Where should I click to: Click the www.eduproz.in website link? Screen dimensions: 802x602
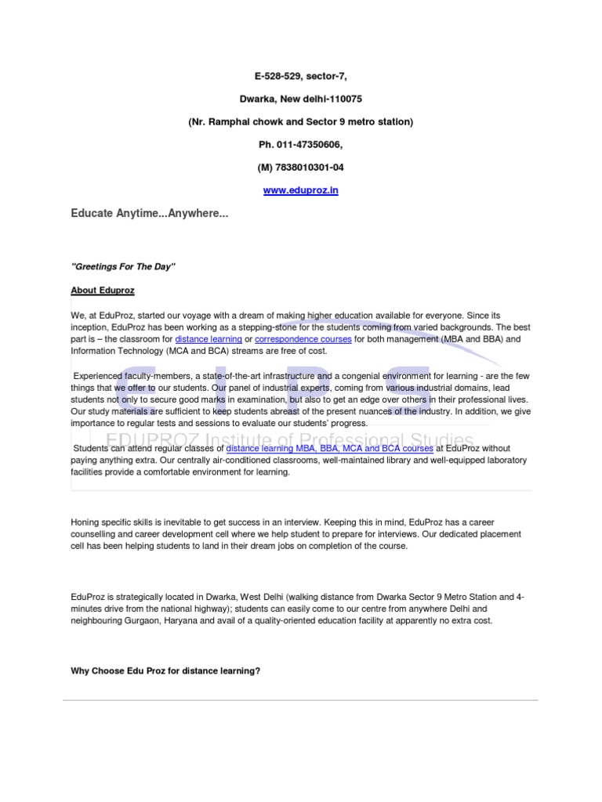(x=300, y=190)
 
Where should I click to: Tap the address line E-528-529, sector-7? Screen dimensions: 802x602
(x=300, y=76)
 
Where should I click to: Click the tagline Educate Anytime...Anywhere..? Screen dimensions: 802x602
(x=150, y=214)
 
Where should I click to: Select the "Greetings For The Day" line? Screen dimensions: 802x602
(x=123, y=267)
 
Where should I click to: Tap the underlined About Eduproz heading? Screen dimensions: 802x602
(x=103, y=291)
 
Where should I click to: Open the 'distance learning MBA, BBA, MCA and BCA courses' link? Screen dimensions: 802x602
(x=329, y=450)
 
